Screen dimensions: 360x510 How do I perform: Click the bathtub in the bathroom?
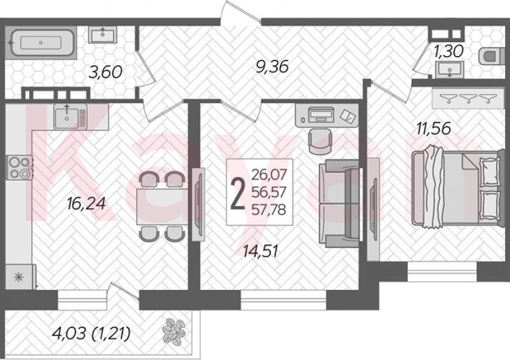point(41,43)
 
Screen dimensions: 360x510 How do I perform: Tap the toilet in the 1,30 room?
point(489,57)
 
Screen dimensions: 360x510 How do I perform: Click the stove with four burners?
point(20,168)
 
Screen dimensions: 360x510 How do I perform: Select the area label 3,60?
point(105,72)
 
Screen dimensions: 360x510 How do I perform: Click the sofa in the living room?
point(339,202)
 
